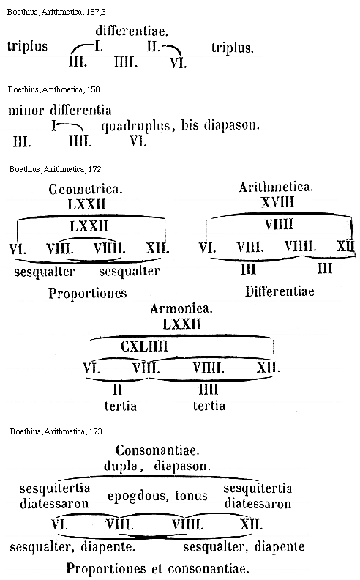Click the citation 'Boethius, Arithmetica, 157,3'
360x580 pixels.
[56, 12]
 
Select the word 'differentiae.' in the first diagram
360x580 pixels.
[132, 31]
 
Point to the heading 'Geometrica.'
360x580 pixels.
[86, 190]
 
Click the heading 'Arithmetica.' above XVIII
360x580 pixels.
[276, 187]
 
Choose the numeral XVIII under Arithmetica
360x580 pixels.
[277, 202]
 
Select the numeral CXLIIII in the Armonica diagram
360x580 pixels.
[144, 346]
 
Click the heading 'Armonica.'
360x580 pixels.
[181, 308]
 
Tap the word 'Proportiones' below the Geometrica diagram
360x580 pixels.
[88, 294]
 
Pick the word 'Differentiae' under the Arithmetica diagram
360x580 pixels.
[280, 291]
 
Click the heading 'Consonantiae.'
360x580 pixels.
[157, 450]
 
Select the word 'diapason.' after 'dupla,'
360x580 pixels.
[182, 466]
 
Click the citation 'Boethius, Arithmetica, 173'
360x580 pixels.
[56, 431]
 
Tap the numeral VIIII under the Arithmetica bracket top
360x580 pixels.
[279, 225]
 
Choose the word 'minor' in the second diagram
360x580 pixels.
[26, 111]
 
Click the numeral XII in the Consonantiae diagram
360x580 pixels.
[251, 524]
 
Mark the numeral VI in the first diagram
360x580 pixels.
[178, 63]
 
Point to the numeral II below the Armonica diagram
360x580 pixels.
[118, 390]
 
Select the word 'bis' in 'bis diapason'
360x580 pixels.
[190, 125]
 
